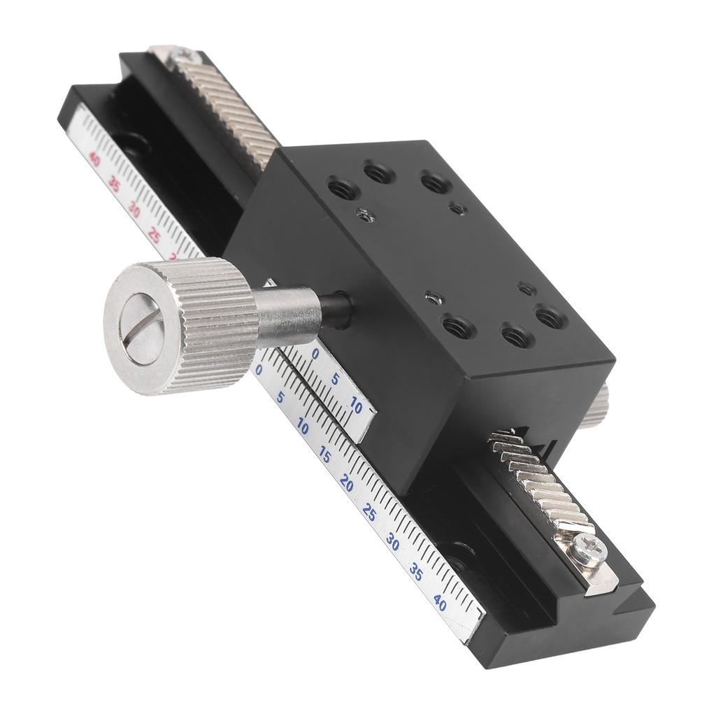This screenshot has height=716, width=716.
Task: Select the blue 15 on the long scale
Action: [x=324, y=453]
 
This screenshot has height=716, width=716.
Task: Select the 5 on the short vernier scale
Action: [x=335, y=379]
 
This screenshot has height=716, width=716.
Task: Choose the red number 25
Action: [x=155, y=236]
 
